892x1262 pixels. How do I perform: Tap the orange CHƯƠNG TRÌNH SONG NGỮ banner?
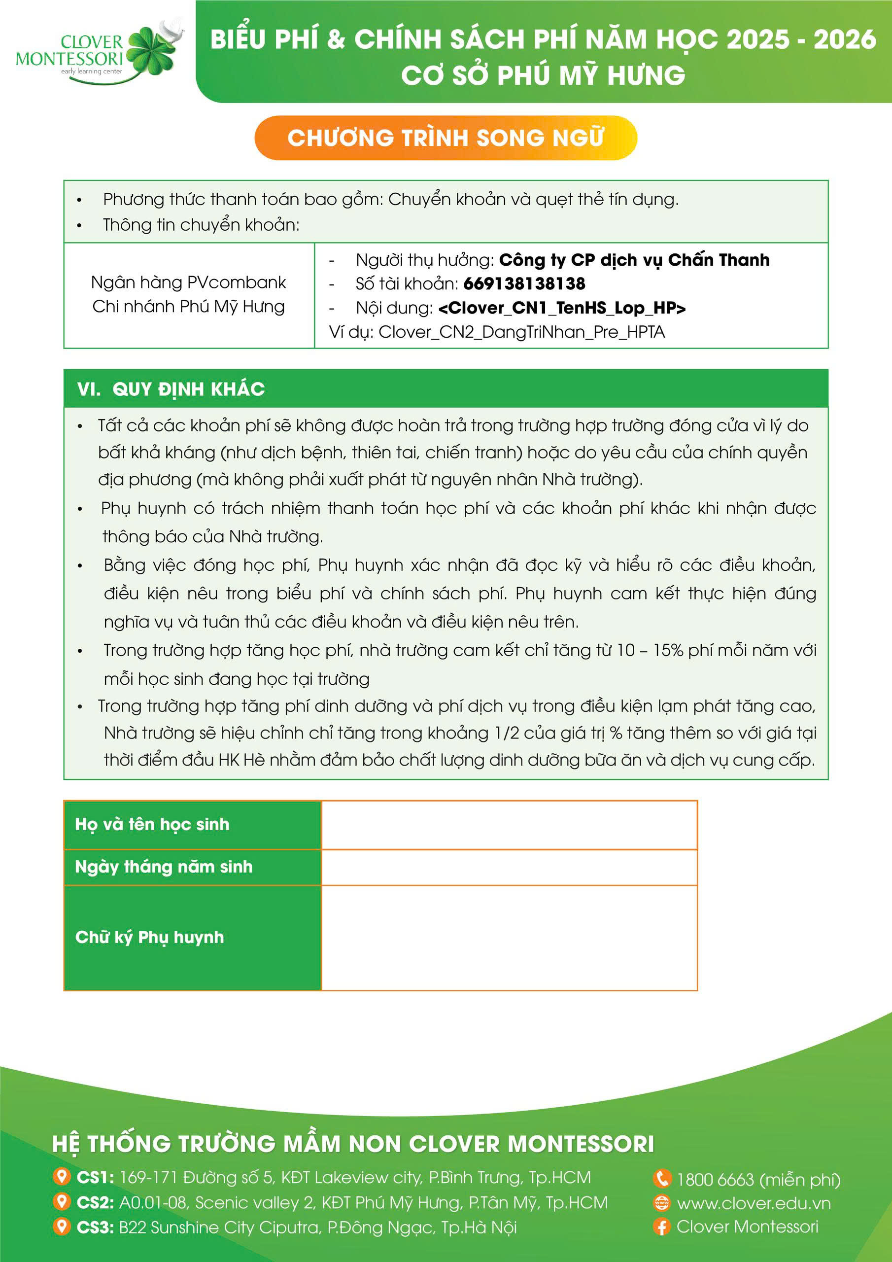(x=445, y=138)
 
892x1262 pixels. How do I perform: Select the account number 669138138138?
(x=524, y=283)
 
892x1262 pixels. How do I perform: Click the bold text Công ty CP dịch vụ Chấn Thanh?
(x=634, y=259)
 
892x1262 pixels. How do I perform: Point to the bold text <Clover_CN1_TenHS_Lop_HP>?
(x=562, y=308)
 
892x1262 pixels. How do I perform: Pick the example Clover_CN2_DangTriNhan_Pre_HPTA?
(x=521, y=332)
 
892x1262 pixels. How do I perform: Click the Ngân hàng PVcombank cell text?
(x=189, y=282)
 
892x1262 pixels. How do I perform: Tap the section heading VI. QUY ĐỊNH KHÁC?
(x=171, y=389)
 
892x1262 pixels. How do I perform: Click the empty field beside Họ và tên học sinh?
(x=509, y=824)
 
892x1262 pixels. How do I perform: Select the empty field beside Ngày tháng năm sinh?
(x=509, y=867)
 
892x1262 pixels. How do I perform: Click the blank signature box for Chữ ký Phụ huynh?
(x=509, y=937)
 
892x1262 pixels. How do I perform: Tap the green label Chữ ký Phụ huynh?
(x=149, y=937)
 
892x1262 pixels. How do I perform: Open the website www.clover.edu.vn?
(x=754, y=1203)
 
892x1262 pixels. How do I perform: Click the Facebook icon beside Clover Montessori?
(x=662, y=1227)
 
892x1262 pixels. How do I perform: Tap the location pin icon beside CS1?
(x=62, y=1177)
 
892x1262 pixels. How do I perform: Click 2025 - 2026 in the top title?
(x=801, y=39)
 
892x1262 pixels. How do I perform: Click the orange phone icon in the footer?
(x=662, y=1179)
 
